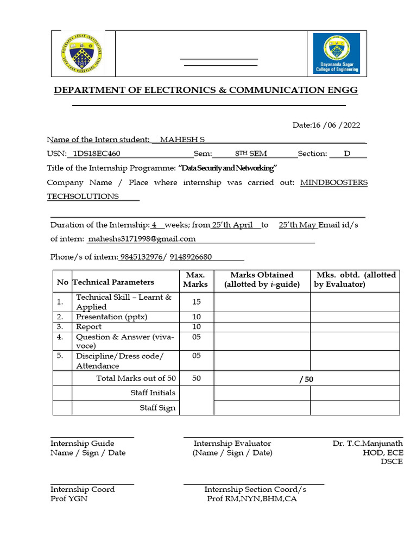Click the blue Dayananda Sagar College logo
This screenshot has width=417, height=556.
pyautogui.click(x=336, y=53)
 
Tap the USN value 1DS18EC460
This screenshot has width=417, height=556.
pyautogui.click(x=97, y=154)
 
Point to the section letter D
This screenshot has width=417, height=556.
pyautogui.click(x=347, y=154)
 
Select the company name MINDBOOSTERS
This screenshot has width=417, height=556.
pyautogui.click(x=334, y=182)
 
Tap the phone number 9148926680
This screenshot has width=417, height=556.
pyautogui.click(x=191, y=257)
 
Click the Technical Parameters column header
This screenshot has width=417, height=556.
pyautogui.click(x=113, y=282)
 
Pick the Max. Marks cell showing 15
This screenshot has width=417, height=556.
pyautogui.click(x=197, y=301)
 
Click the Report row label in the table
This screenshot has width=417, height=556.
pyautogui.click(x=89, y=327)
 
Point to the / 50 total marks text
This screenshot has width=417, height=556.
pyautogui.click(x=306, y=379)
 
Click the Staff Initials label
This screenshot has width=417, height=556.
pyautogui.click(x=153, y=393)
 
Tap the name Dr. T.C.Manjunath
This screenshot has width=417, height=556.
pyautogui.click(x=368, y=444)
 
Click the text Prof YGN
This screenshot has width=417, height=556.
pyautogui.click(x=69, y=498)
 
